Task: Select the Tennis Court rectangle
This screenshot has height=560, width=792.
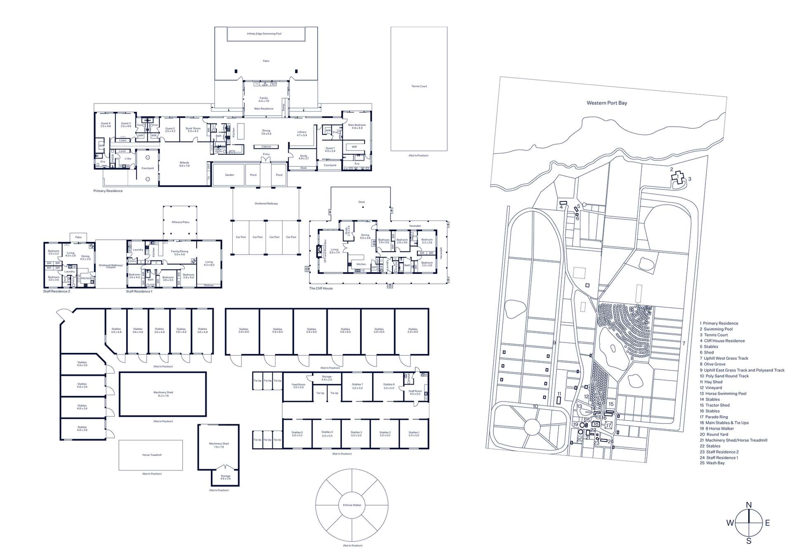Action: point(419,89)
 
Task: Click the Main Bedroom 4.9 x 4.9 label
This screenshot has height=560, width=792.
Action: point(357,126)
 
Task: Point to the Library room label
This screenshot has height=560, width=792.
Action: point(302,133)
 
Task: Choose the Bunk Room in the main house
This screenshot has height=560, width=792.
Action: point(193,130)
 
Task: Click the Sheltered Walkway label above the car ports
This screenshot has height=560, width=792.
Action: point(266,203)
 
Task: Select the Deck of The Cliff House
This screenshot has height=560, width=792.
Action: point(361,202)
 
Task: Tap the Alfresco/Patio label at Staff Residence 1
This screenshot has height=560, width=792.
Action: point(180,222)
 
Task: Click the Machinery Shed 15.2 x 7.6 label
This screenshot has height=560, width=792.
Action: point(163,394)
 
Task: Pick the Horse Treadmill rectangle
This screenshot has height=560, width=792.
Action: point(151,455)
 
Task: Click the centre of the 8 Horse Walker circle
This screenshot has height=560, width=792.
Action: point(352,505)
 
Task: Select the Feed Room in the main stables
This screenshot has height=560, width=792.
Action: point(298,386)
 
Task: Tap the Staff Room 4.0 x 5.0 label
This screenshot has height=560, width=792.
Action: point(415,392)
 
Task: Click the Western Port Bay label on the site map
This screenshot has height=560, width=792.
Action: point(606,103)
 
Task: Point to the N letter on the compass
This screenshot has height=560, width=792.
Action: point(749,505)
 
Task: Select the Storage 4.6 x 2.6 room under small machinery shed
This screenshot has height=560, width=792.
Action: point(225,477)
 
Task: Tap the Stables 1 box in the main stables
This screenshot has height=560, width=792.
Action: point(413,434)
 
